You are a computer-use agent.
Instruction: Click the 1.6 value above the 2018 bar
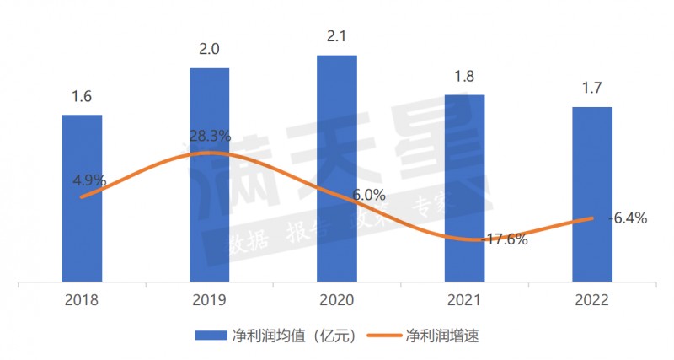pos(82,97)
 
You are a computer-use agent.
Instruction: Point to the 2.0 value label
pos(209,50)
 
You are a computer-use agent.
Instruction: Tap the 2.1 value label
pos(336,37)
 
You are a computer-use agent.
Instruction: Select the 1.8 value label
pos(464,77)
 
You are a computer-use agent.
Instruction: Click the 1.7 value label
pos(591,89)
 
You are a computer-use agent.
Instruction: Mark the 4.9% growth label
pos(89,180)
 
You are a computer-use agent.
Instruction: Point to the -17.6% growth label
pos(504,239)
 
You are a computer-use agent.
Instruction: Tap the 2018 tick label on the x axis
pos(82,299)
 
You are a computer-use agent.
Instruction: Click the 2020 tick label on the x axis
pos(336,299)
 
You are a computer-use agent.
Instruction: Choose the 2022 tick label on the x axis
pos(591,299)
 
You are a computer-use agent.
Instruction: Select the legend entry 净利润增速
pos(442,335)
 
